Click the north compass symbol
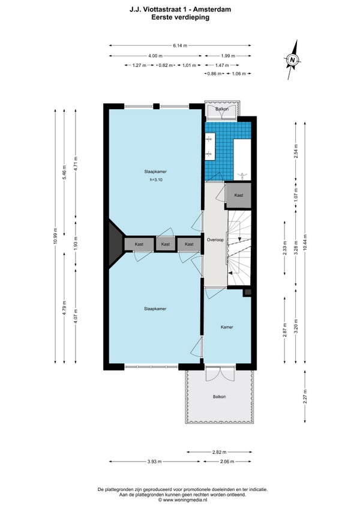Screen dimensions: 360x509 [x=292, y=60]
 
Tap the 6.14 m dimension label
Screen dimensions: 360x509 [x=180, y=46]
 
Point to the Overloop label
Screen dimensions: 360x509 [x=215, y=240]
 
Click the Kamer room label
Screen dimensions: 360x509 [x=227, y=327]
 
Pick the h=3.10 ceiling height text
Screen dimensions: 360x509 [x=156, y=179]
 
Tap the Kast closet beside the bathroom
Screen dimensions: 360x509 [x=239, y=196]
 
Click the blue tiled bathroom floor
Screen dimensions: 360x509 [x=219, y=151]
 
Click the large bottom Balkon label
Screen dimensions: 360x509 [x=220, y=397]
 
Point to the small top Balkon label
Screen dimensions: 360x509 [x=222, y=109]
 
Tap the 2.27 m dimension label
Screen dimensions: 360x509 [x=305, y=397]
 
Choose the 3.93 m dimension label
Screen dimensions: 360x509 [x=155, y=462]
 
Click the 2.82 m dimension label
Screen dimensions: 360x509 [x=219, y=452]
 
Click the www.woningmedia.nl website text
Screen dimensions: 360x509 [x=185, y=500]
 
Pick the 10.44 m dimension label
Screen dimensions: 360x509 [x=305, y=242]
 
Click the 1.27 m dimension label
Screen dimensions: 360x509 [x=139, y=65]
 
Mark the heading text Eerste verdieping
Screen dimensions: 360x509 [x=180, y=17]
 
